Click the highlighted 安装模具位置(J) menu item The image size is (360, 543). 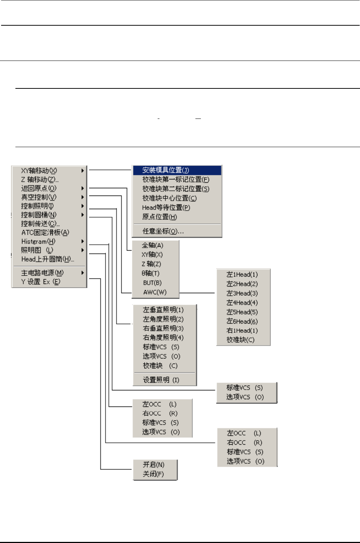click(166, 170)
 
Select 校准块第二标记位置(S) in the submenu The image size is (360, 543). click(176, 189)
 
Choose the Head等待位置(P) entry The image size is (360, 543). click(166, 208)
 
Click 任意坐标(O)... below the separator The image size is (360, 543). click(163, 231)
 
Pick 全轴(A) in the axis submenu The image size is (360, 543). click(153, 245)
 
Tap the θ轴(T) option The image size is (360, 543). click(151, 273)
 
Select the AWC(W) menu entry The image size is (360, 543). click(155, 292)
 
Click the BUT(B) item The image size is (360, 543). click(152, 283)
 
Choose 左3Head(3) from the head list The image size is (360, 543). click(242, 294)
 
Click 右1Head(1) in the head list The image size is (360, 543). click(242, 331)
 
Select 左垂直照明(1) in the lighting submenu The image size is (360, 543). click(163, 310)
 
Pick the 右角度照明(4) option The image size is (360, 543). click(163, 338)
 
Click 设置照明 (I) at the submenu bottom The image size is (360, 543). click(161, 380)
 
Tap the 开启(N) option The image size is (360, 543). click(154, 465)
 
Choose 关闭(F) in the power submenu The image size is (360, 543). click(153, 474)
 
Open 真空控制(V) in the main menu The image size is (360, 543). click(39, 197)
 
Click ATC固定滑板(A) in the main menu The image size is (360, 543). click(45, 233)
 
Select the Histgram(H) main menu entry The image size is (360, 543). click(38, 241)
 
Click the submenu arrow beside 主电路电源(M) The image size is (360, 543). click(83, 273)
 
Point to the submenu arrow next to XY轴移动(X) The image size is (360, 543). click(83, 171)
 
